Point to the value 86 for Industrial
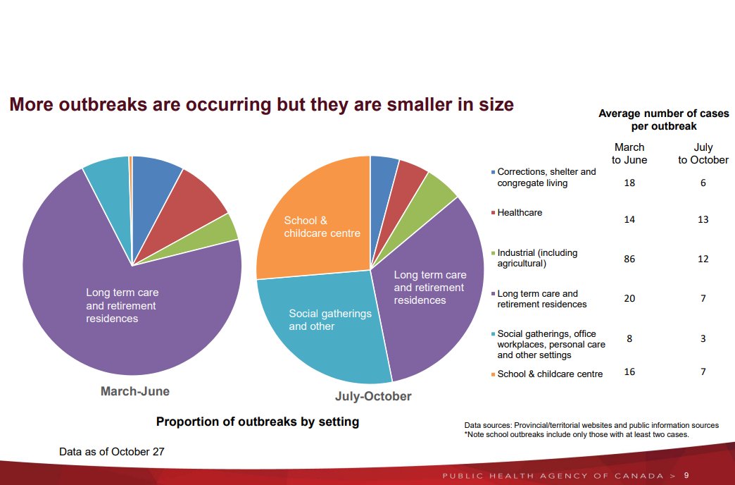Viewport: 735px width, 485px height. [629, 259]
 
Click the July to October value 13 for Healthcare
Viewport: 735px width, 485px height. [703, 219]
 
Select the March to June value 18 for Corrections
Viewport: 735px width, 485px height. [629, 183]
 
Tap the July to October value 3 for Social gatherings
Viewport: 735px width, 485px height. [703, 338]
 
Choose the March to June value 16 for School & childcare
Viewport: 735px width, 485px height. [629, 372]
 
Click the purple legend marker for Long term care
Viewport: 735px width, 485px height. [493, 294]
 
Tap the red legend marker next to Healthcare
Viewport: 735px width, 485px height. [493, 212]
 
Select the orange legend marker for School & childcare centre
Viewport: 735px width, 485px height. [493, 374]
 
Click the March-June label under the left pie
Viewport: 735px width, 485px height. [135, 391]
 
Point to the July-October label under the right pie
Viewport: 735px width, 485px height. [373, 396]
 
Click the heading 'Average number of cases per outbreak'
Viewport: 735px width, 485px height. [663, 119]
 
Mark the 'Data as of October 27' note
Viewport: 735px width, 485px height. [112, 451]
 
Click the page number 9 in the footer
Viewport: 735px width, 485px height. [686, 475]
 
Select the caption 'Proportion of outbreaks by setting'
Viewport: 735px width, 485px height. [257, 422]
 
